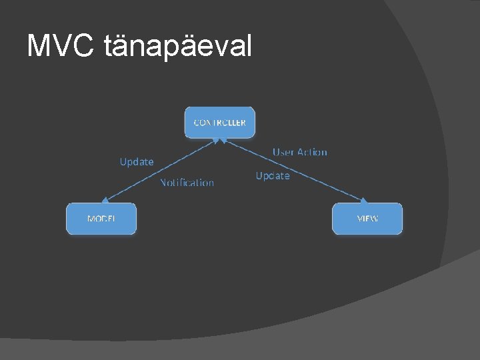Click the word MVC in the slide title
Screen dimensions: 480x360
[62, 46]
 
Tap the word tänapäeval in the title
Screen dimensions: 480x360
[179, 46]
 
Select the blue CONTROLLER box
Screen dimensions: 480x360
[219, 123]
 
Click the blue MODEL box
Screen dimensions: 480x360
[101, 219]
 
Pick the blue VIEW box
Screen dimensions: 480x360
[367, 219]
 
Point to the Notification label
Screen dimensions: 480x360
[187, 183]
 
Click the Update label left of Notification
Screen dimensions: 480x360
[137, 161]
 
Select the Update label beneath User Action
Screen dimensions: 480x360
[273, 176]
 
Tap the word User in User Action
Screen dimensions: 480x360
[284, 152]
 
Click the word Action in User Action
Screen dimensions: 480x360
[312, 152]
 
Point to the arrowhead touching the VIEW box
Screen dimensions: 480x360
[363, 199]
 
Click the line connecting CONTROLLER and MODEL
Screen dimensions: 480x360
[160, 169]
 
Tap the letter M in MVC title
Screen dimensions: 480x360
[39, 46]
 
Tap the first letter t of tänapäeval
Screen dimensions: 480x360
[109, 46]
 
